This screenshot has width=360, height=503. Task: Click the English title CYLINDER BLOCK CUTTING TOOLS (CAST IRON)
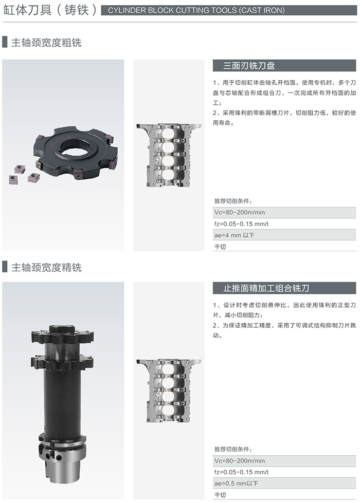[x=196, y=10]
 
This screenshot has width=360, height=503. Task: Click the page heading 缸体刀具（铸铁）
[x=50, y=10]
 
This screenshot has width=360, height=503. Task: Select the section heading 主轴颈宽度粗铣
[x=46, y=42]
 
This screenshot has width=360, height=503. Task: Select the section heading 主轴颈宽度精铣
[x=46, y=267]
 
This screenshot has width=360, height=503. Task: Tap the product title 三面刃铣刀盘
[x=249, y=66]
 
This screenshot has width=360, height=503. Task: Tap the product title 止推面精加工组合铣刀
[x=266, y=288]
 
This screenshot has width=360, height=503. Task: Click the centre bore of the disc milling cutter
[x=76, y=147]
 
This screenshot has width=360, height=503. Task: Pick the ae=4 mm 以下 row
[x=284, y=235]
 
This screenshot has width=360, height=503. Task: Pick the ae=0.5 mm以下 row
[x=284, y=483]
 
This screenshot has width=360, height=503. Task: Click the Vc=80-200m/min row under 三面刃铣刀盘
[x=284, y=212]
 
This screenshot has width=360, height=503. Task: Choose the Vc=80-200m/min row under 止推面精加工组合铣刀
[x=284, y=461]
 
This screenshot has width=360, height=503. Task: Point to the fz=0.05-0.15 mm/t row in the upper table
[x=284, y=224]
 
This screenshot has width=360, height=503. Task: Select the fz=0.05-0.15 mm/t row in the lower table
[x=284, y=472]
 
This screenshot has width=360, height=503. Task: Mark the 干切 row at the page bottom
[x=284, y=495]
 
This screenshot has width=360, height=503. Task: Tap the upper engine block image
[x=169, y=155]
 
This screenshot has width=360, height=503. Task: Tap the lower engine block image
[x=169, y=390]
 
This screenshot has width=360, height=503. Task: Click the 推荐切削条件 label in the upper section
[x=233, y=201]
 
